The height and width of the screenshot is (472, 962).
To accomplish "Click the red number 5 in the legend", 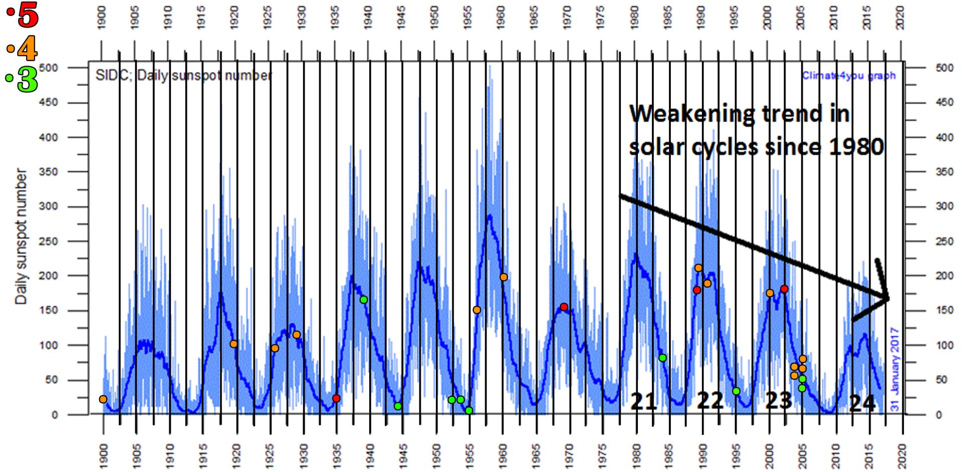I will point(28,15).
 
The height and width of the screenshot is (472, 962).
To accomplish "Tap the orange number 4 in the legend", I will point(27,49).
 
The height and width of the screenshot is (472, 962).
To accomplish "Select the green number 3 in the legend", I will point(27,79).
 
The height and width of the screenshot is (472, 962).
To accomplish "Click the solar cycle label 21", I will point(643,401).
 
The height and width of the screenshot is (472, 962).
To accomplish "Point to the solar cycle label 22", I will point(710,400).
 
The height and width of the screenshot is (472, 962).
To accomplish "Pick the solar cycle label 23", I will point(778,400).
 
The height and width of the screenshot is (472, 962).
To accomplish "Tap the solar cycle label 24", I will point(862,403).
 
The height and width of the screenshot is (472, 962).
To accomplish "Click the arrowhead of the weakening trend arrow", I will point(885,298).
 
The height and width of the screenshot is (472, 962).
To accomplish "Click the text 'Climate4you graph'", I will point(848,76).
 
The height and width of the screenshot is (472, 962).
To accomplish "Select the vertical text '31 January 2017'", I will point(895,370).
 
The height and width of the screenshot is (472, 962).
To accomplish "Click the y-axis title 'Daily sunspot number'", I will point(21,236).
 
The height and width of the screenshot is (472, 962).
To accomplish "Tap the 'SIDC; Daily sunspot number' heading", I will point(184,76).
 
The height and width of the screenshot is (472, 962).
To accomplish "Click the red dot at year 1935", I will point(336,398).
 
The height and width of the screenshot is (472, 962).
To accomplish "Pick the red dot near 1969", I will point(564,307).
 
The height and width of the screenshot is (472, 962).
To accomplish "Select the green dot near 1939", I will point(364,300).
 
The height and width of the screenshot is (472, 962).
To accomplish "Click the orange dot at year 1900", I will point(103,399).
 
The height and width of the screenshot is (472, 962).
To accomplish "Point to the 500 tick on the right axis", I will point(944,68).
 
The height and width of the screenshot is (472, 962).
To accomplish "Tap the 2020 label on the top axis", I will point(900,18).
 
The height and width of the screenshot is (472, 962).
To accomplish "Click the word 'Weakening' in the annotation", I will point(691,114).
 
